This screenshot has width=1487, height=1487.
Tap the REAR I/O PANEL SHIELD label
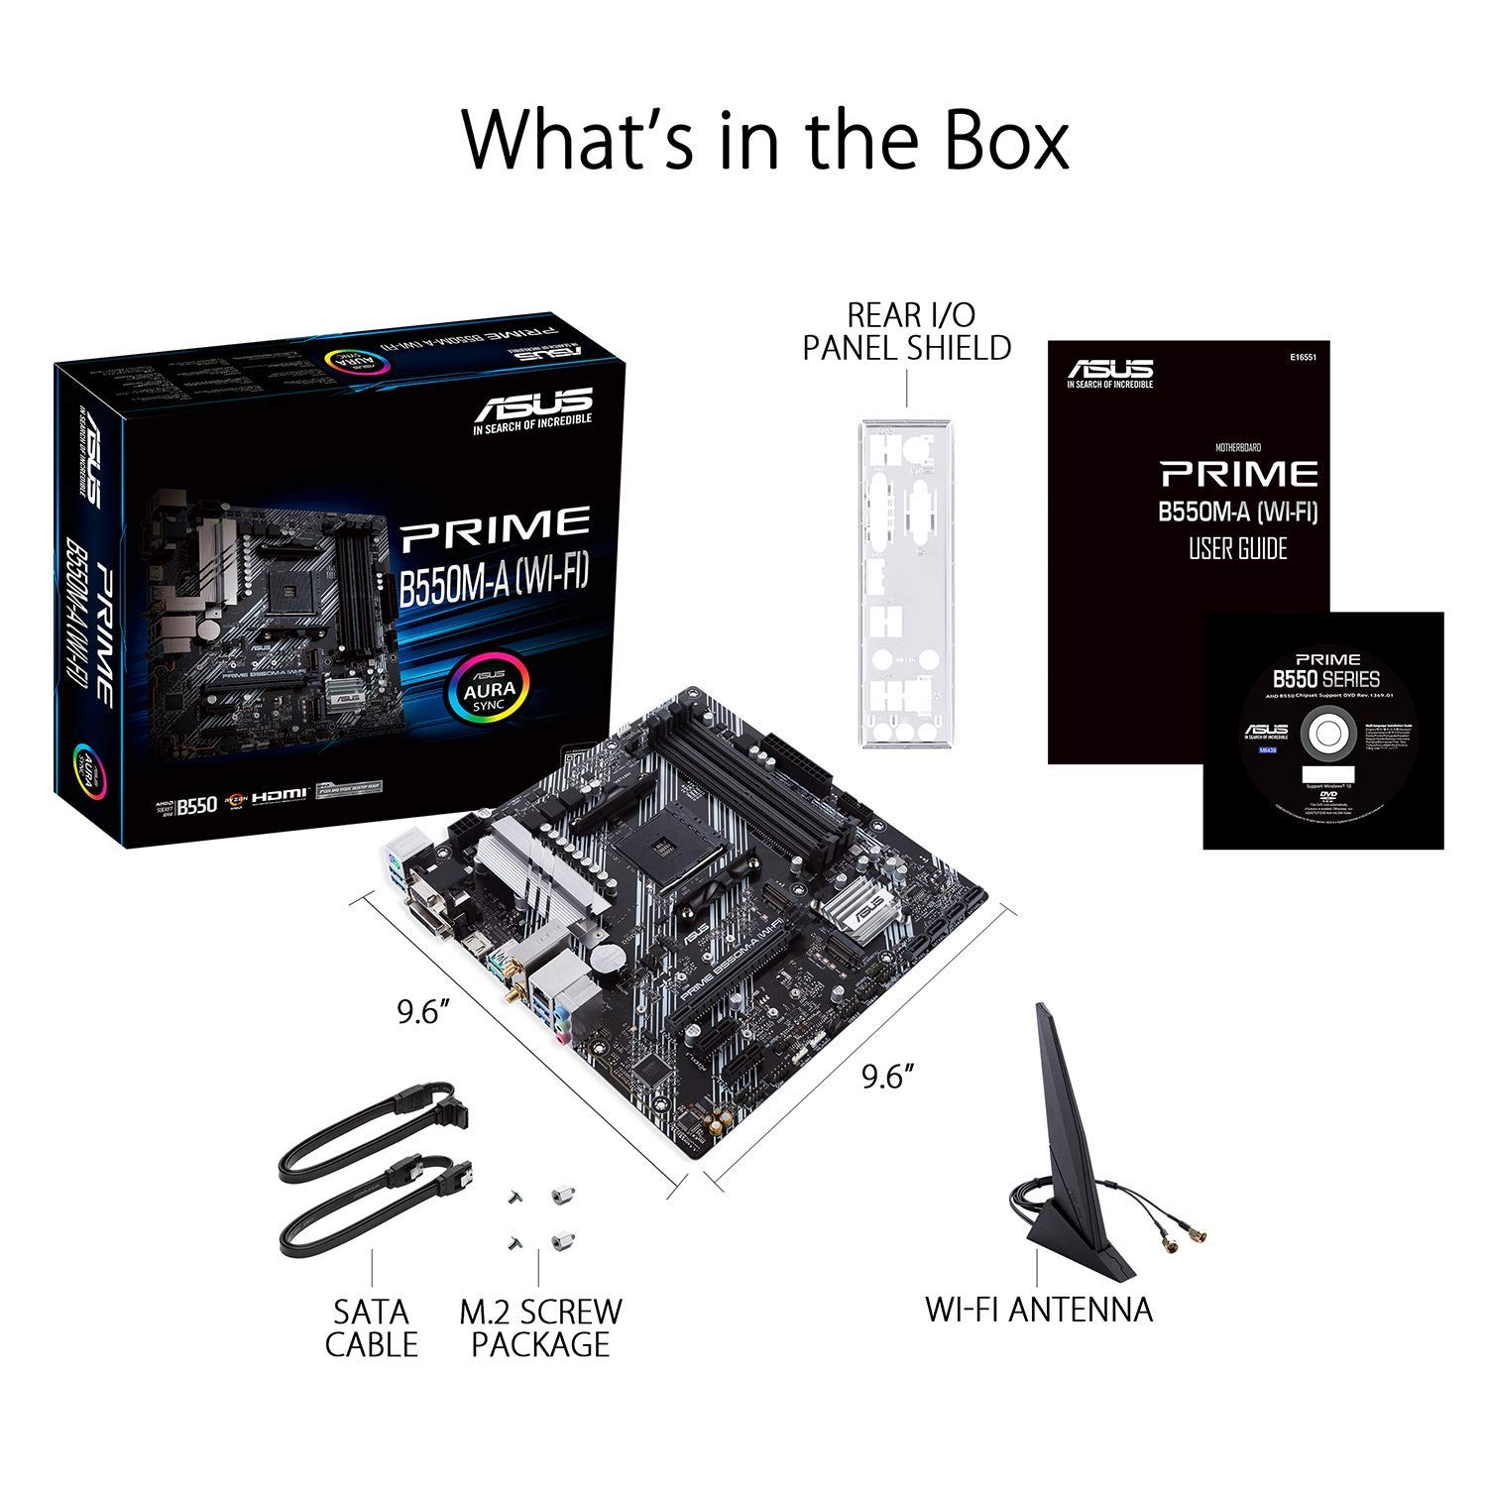point(907,331)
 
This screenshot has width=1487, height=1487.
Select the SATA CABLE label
point(372,1327)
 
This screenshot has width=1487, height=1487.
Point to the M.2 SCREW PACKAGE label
point(540,1327)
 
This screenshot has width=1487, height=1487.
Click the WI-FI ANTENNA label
point(1039,1309)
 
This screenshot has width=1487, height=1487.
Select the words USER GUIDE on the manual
point(1237,548)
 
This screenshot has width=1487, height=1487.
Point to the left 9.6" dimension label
point(424,1011)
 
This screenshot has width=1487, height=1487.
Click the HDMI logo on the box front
point(280,795)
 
